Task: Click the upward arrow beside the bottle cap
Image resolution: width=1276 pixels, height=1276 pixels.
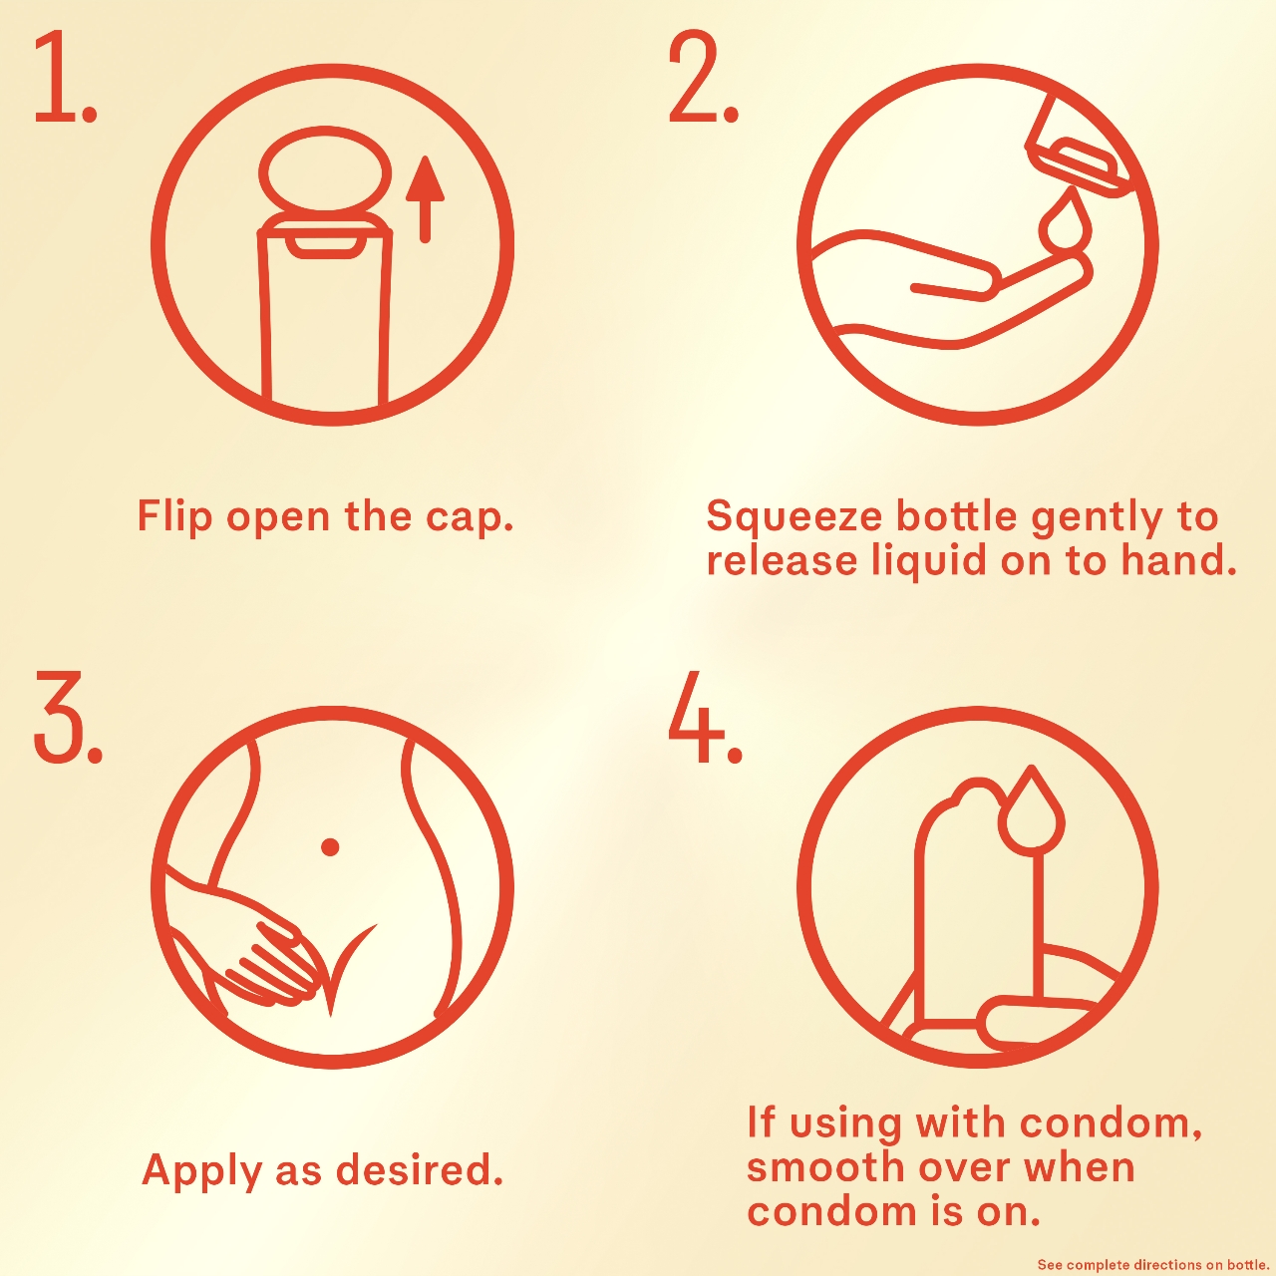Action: (425, 198)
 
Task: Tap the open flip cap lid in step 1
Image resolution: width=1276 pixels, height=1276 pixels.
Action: (324, 168)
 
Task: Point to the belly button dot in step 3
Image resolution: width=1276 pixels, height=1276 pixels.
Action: (330, 846)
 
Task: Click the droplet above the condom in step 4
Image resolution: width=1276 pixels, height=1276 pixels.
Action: (1031, 806)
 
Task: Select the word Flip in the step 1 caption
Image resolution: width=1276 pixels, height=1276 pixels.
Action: (174, 516)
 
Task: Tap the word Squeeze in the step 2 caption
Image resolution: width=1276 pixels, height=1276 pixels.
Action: (794, 517)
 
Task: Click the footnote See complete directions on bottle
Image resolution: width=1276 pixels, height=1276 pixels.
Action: (1154, 1265)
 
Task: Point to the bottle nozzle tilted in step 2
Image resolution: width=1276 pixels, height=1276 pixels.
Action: (1081, 145)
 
